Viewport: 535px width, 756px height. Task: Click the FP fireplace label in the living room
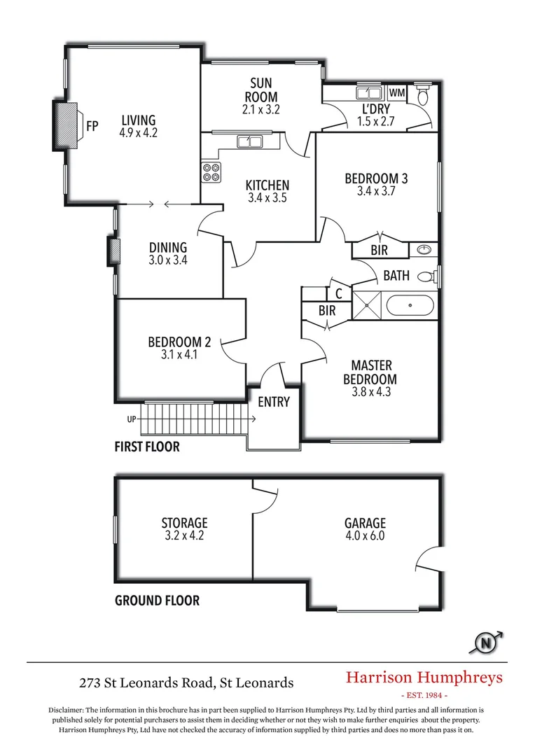point(92,127)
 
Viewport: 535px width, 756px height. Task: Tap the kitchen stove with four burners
point(211,172)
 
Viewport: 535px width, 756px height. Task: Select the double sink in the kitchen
point(249,142)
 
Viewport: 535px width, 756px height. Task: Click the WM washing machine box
point(397,93)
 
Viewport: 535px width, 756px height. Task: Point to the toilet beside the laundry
point(422,94)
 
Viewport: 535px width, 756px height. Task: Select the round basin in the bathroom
point(424,250)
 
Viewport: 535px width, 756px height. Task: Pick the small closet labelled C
point(339,294)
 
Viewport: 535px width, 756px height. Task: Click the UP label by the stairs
point(131,419)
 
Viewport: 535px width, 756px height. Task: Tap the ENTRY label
point(273,402)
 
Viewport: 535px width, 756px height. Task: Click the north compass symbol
point(485,641)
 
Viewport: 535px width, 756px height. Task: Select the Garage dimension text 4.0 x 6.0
point(365,536)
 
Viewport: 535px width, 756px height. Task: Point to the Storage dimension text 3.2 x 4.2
point(184,536)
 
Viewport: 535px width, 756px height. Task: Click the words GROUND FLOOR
point(157,600)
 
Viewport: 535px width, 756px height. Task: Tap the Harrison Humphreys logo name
point(424,677)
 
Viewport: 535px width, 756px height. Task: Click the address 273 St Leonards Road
point(186,682)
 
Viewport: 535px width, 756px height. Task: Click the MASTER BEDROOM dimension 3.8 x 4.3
point(371,392)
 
